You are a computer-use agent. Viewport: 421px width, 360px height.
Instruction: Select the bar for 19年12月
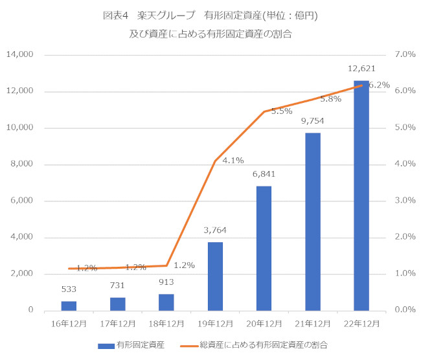click(x=215, y=276)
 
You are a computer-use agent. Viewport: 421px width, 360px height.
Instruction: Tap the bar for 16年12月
click(x=69, y=306)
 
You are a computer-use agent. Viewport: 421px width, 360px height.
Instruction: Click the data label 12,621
click(x=361, y=69)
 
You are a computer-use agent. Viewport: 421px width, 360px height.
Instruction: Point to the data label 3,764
click(x=215, y=230)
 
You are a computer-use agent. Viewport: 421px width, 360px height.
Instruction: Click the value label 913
click(x=166, y=282)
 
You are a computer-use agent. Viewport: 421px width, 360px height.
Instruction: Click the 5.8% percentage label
click(x=330, y=99)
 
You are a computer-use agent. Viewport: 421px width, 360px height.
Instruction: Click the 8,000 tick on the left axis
click(x=22, y=164)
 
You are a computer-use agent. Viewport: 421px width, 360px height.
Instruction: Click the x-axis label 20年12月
click(x=264, y=322)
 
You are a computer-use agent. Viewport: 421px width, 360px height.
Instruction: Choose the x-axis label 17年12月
click(x=117, y=322)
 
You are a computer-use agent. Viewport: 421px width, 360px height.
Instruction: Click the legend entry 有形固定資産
click(x=139, y=345)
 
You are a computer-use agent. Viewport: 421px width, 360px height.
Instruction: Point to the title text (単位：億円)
click(x=286, y=15)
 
